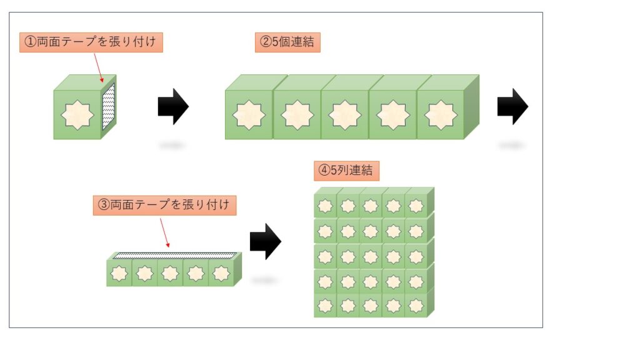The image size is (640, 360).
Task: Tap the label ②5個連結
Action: point(287,42)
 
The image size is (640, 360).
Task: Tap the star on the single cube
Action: point(77,114)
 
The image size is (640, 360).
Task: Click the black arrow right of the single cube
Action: point(173,107)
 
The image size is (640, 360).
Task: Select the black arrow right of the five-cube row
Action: point(512,107)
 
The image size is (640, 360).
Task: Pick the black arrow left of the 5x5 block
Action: point(265,241)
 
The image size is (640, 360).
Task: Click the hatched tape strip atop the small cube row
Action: point(174,256)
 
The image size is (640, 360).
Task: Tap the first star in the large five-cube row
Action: point(249,115)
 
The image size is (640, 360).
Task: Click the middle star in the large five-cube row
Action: point(345,115)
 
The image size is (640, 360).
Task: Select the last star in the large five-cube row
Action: point(441,115)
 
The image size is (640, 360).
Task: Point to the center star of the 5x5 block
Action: point(371,256)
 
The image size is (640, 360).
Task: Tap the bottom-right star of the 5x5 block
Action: point(416,306)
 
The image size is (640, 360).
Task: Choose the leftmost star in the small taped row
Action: point(119,274)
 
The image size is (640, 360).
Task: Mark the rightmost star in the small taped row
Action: point(221,274)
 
